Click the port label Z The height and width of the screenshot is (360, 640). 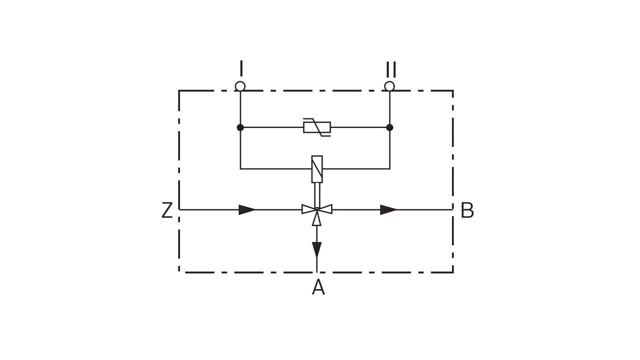[x=167, y=210]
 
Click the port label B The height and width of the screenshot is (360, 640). [x=467, y=210]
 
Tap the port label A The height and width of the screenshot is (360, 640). [x=318, y=287]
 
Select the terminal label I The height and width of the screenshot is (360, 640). [x=241, y=68]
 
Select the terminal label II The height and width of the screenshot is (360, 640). [x=390, y=69]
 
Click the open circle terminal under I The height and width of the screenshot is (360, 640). [x=240, y=86]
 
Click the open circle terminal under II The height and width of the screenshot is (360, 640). [x=389, y=86]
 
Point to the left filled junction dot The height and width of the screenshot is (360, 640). [x=240, y=127]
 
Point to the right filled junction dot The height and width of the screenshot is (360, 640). [x=389, y=127]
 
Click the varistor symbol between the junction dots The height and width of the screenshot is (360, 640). [x=317, y=127]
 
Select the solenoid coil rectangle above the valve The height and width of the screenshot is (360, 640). [x=316, y=169]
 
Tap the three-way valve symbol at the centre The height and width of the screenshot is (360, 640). [x=316, y=209]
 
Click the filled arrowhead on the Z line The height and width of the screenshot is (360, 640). [x=247, y=209]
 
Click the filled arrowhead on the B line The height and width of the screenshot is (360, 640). [x=388, y=209]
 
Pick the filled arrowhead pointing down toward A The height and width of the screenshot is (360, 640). [x=316, y=249]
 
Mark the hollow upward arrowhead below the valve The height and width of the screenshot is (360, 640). [x=316, y=219]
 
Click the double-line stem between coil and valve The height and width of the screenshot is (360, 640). [x=316, y=194]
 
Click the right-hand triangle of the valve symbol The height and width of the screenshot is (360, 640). [x=325, y=209]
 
